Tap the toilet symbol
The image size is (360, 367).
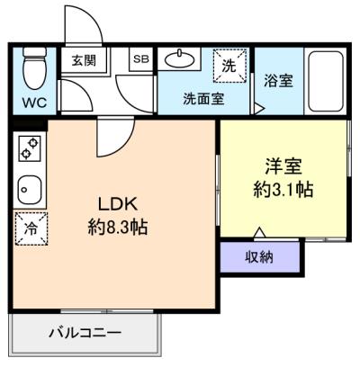point(33,66)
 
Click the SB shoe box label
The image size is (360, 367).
point(140,59)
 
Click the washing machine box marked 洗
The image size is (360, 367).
point(229,64)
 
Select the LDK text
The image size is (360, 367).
point(115,204)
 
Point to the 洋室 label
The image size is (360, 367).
point(283,166)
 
